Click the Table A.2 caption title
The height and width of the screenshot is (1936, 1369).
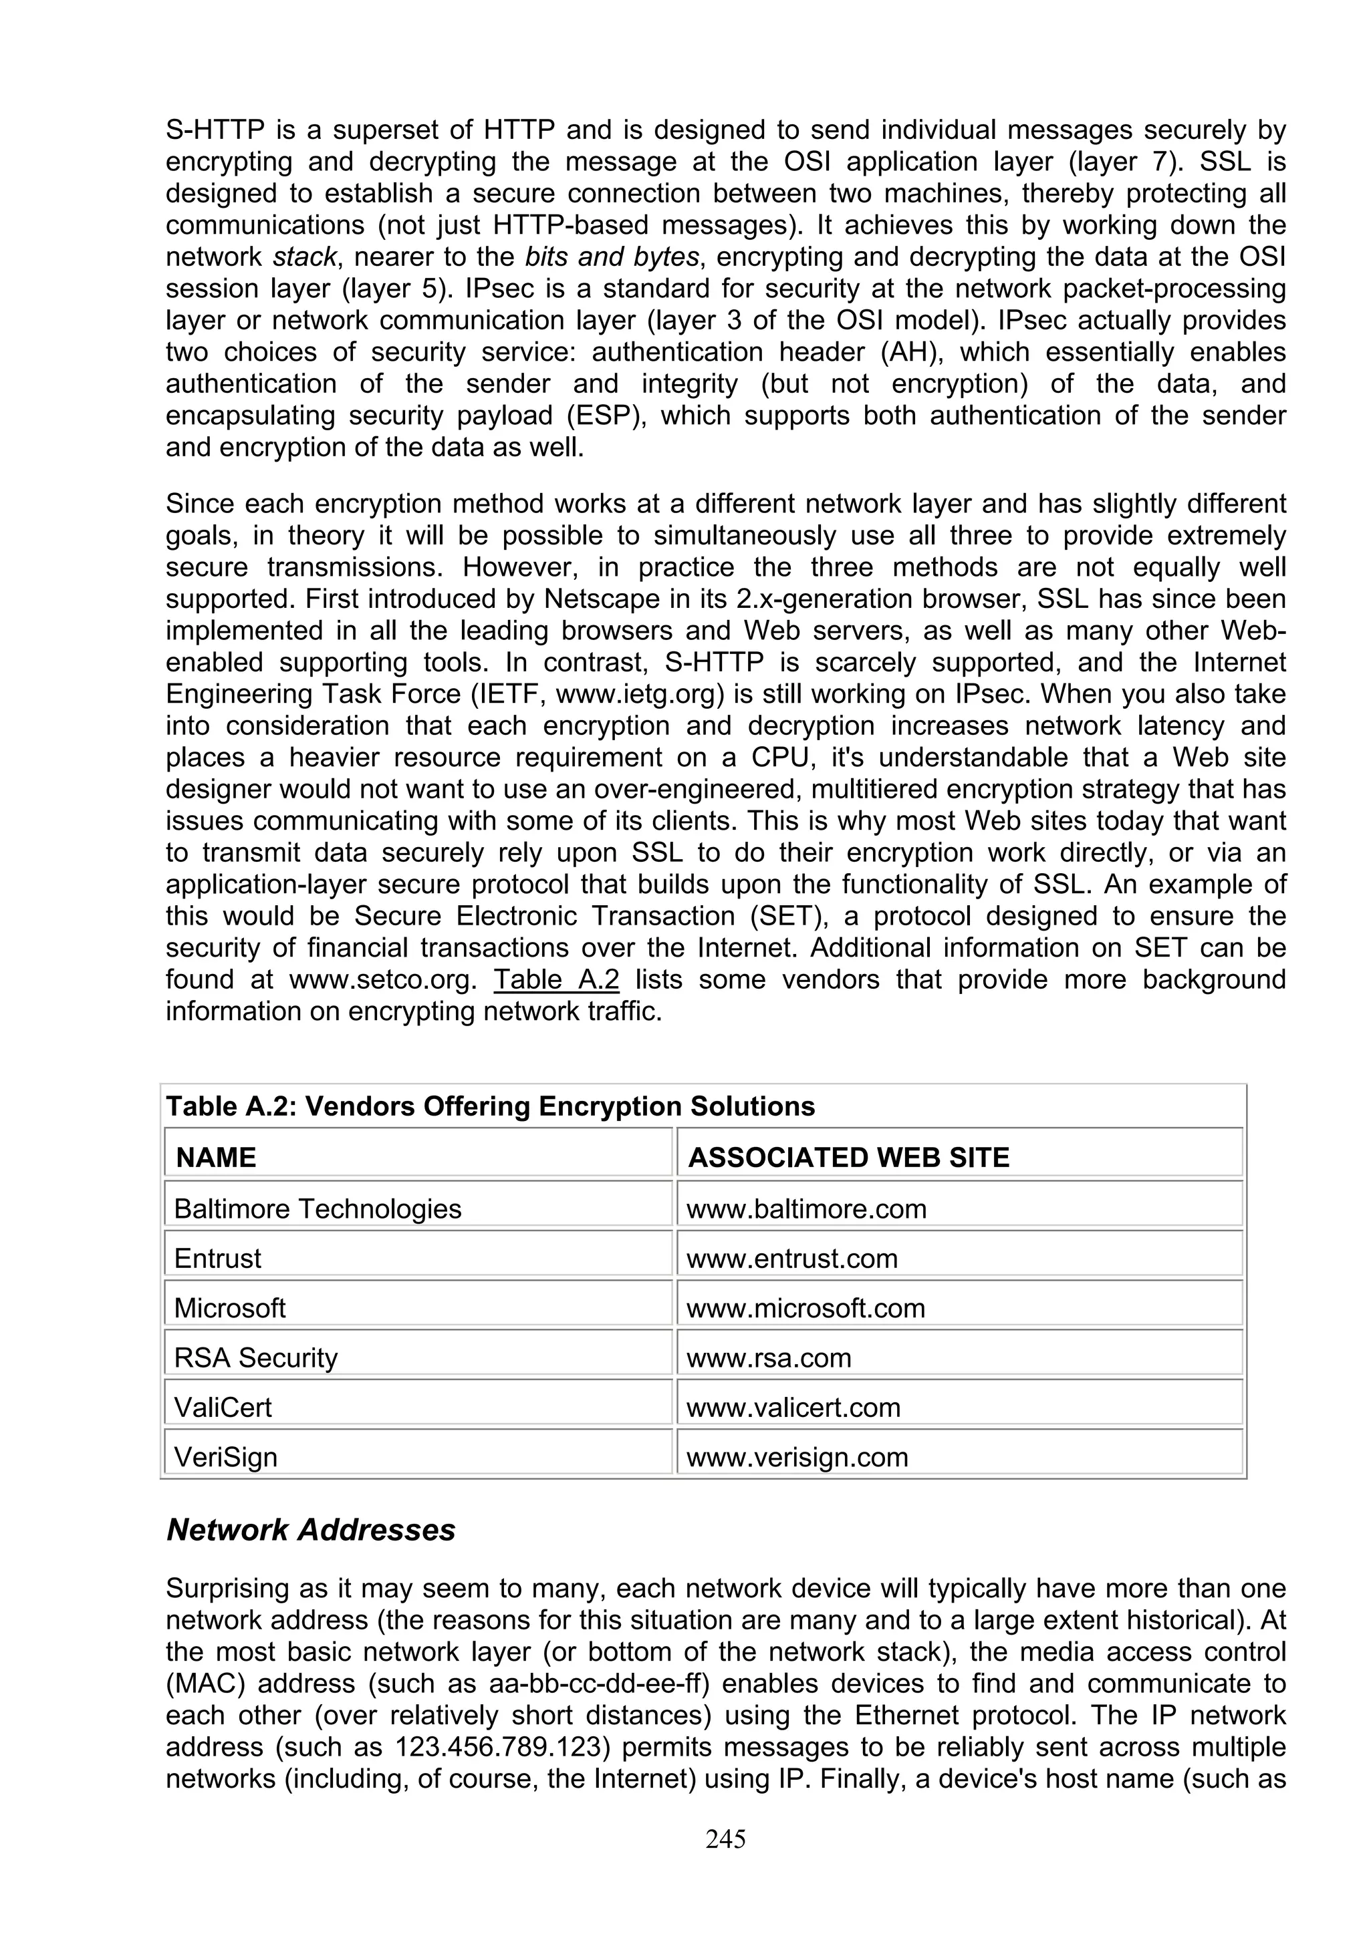(490, 1106)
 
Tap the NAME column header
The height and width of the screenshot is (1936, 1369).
(216, 1157)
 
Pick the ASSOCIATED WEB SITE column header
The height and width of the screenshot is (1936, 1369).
(848, 1157)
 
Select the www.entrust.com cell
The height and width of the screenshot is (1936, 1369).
(791, 1258)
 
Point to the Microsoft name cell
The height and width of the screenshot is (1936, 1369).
(229, 1308)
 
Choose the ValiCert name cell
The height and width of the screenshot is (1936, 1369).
(223, 1408)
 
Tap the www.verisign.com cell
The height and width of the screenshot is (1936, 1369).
(796, 1457)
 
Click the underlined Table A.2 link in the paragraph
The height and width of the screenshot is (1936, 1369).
(556, 980)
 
